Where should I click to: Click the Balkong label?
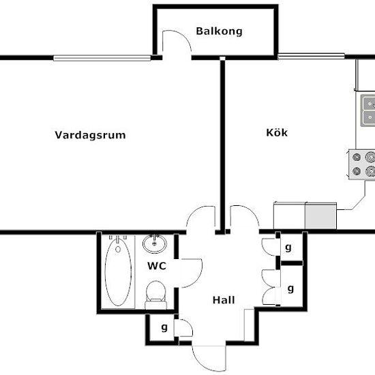219,31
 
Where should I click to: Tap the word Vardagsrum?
90,135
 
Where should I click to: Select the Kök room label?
277,132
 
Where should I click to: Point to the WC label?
157,266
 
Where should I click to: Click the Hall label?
224,300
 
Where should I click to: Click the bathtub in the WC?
118,272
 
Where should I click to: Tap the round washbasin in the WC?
155,243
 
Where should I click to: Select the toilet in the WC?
155,295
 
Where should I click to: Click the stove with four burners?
361,164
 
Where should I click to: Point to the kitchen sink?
367,110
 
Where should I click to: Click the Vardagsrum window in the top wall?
102,58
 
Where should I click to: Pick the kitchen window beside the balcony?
311,56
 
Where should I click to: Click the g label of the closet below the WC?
164,327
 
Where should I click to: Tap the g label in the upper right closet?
288,247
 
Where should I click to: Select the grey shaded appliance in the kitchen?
320,215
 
